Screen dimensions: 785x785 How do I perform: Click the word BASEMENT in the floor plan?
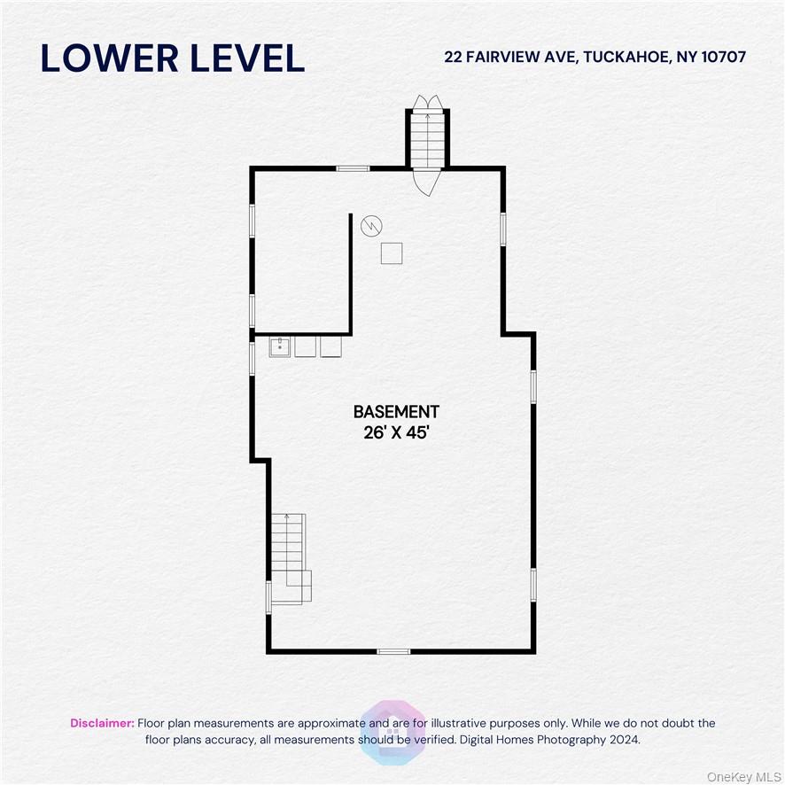(x=396, y=412)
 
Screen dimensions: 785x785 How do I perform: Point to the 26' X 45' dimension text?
(x=396, y=434)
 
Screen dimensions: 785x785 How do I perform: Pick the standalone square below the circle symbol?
(x=392, y=253)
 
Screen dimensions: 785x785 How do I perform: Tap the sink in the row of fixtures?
(x=281, y=346)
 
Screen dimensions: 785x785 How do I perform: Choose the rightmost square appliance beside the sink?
(x=330, y=346)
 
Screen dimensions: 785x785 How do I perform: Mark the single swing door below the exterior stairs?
(x=425, y=183)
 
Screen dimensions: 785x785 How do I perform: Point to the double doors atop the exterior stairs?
(x=425, y=101)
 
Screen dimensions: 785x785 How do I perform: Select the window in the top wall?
(x=353, y=168)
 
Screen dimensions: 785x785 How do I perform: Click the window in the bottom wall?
(x=393, y=651)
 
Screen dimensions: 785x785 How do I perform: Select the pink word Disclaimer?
(x=103, y=723)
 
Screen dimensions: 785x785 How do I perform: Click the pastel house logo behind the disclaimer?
(x=392, y=731)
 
